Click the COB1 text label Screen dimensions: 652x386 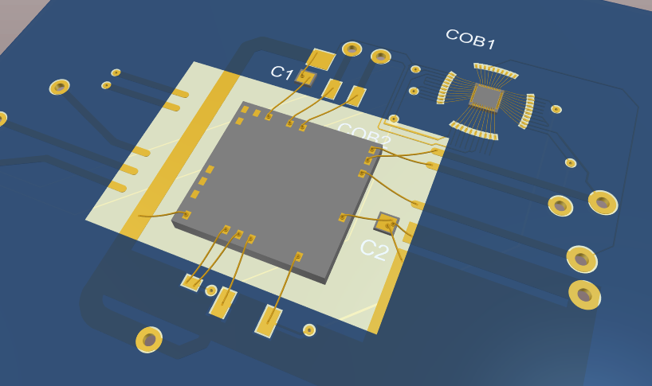click(x=470, y=40)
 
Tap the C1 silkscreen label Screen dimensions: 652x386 click(x=281, y=72)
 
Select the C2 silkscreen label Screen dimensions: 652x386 click(x=375, y=250)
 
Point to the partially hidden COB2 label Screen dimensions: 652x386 click(x=365, y=134)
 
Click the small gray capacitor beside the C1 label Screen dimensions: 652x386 click(x=305, y=77)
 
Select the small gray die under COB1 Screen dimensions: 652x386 click(x=486, y=97)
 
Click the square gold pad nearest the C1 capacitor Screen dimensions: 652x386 click(x=320, y=60)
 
